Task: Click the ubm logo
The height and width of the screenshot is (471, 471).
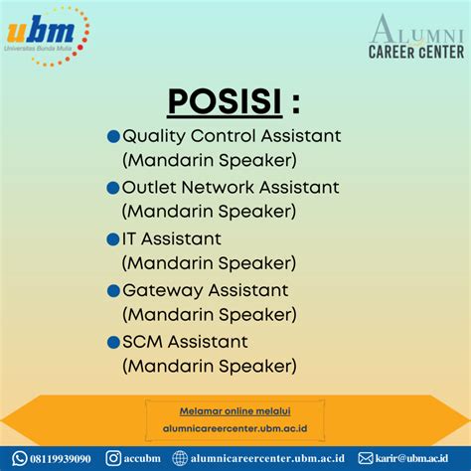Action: pos(48,36)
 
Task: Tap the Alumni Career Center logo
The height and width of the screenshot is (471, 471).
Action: pos(416,37)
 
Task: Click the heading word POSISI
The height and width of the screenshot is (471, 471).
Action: pos(225,101)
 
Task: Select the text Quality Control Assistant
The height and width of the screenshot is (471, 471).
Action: pos(232,136)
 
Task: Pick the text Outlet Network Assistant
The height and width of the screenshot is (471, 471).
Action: pos(231,187)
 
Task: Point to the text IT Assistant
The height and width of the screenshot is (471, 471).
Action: pos(172,238)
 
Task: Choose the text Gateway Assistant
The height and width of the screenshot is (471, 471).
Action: pos(206,291)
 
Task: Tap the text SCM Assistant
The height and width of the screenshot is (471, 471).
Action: pos(185,342)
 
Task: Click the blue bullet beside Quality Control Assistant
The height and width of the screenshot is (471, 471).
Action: pos(113,136)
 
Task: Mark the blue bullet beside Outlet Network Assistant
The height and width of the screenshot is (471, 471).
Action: pos(113,188)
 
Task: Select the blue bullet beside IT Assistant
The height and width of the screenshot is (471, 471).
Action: pos(113,239)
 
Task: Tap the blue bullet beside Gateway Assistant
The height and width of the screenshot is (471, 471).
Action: pos(113,291)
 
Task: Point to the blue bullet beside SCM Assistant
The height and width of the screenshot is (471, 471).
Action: pos(113,343)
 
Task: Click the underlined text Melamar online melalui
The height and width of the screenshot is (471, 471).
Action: pos(235,411)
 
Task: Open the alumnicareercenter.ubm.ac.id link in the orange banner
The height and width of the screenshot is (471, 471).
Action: pos(235,428)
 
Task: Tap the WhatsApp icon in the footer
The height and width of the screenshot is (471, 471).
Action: pos(20,459)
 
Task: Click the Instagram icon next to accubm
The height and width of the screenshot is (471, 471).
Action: pos(113,458)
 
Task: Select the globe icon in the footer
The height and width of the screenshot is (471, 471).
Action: pos(180,459)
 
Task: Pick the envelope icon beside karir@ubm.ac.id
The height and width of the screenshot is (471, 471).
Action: pos(366,459)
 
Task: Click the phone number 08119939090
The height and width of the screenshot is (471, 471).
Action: pos(61,459)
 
